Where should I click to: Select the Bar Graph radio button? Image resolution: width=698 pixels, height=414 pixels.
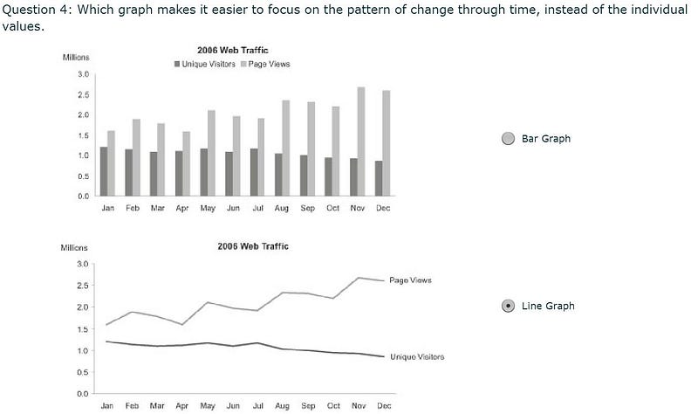508,139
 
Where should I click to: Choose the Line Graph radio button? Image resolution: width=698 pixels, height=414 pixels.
508,307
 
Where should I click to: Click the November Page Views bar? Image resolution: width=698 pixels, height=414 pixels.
361,141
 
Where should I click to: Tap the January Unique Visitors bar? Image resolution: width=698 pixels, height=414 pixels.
104,171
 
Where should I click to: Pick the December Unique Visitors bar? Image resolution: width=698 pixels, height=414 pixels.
379,178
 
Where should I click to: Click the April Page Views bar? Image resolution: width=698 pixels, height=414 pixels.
186,163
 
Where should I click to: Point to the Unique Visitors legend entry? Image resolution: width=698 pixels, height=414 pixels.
205,64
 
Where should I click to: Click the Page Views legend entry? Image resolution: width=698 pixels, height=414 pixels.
265,64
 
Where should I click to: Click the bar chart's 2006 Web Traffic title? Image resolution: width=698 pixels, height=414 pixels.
233,51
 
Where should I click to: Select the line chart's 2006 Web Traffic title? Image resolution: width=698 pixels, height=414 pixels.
253,246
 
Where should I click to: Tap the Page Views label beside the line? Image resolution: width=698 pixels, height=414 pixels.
410,280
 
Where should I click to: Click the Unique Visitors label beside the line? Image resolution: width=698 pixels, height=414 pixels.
417,357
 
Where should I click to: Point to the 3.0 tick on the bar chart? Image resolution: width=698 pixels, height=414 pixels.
83,74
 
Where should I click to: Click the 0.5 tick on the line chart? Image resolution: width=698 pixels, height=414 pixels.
83,372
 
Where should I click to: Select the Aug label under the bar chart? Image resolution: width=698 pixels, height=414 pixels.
282,208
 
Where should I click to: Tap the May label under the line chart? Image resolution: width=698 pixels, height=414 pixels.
208,406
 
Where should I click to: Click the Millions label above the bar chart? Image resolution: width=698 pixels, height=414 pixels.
76,58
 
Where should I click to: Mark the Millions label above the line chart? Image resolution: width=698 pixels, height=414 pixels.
74,248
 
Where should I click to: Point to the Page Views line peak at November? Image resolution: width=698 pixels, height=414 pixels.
359,278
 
